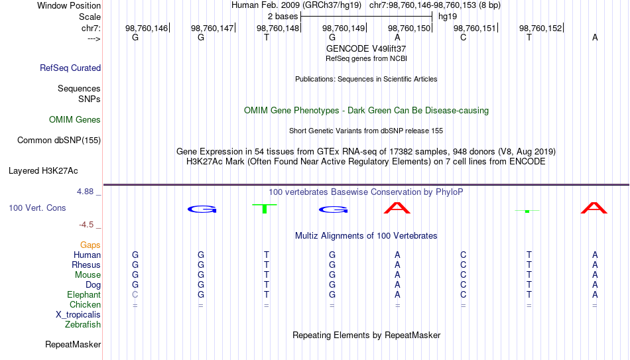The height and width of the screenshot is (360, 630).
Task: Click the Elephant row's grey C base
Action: click(135, 295)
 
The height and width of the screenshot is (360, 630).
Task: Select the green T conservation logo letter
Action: click(265, 209)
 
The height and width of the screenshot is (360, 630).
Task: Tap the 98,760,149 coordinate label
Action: click(344, 28)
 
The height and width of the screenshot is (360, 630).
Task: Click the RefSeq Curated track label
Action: click(70, 68)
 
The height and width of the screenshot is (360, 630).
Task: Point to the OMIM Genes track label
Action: click(75, 120)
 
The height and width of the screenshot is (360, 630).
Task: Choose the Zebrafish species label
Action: click(83, 325)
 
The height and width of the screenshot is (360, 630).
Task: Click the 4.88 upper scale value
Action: click(85, 192)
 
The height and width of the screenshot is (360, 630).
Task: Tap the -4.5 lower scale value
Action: click(86, 225)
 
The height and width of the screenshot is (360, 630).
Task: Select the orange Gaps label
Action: click(90, 245)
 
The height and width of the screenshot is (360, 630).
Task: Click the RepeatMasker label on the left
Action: click(73, 345)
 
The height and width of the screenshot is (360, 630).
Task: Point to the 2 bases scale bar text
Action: click(283, 17)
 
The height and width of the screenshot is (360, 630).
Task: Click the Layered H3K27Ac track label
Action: click(43, 171)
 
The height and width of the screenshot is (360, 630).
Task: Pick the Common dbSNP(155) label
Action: click(59, 141)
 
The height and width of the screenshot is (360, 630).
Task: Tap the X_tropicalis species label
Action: click(78, 315)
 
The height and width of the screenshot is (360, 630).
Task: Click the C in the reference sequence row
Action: click(464, 38)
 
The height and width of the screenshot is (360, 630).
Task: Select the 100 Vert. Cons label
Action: click(37, 208)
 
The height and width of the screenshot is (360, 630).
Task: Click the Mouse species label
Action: click(88, 275)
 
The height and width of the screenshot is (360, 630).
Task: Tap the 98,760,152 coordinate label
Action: click(540, 28)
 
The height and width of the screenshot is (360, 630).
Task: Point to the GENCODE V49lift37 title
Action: click(366, 48)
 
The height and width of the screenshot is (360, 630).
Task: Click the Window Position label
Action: click(69, 5)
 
